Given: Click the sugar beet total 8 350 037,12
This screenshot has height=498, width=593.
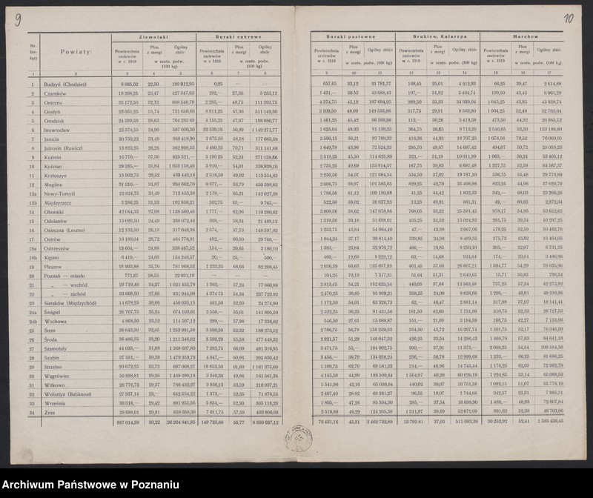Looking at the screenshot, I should (x=265, y=421).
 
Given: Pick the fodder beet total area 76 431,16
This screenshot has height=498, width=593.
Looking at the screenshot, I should (x=324, y=421).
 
